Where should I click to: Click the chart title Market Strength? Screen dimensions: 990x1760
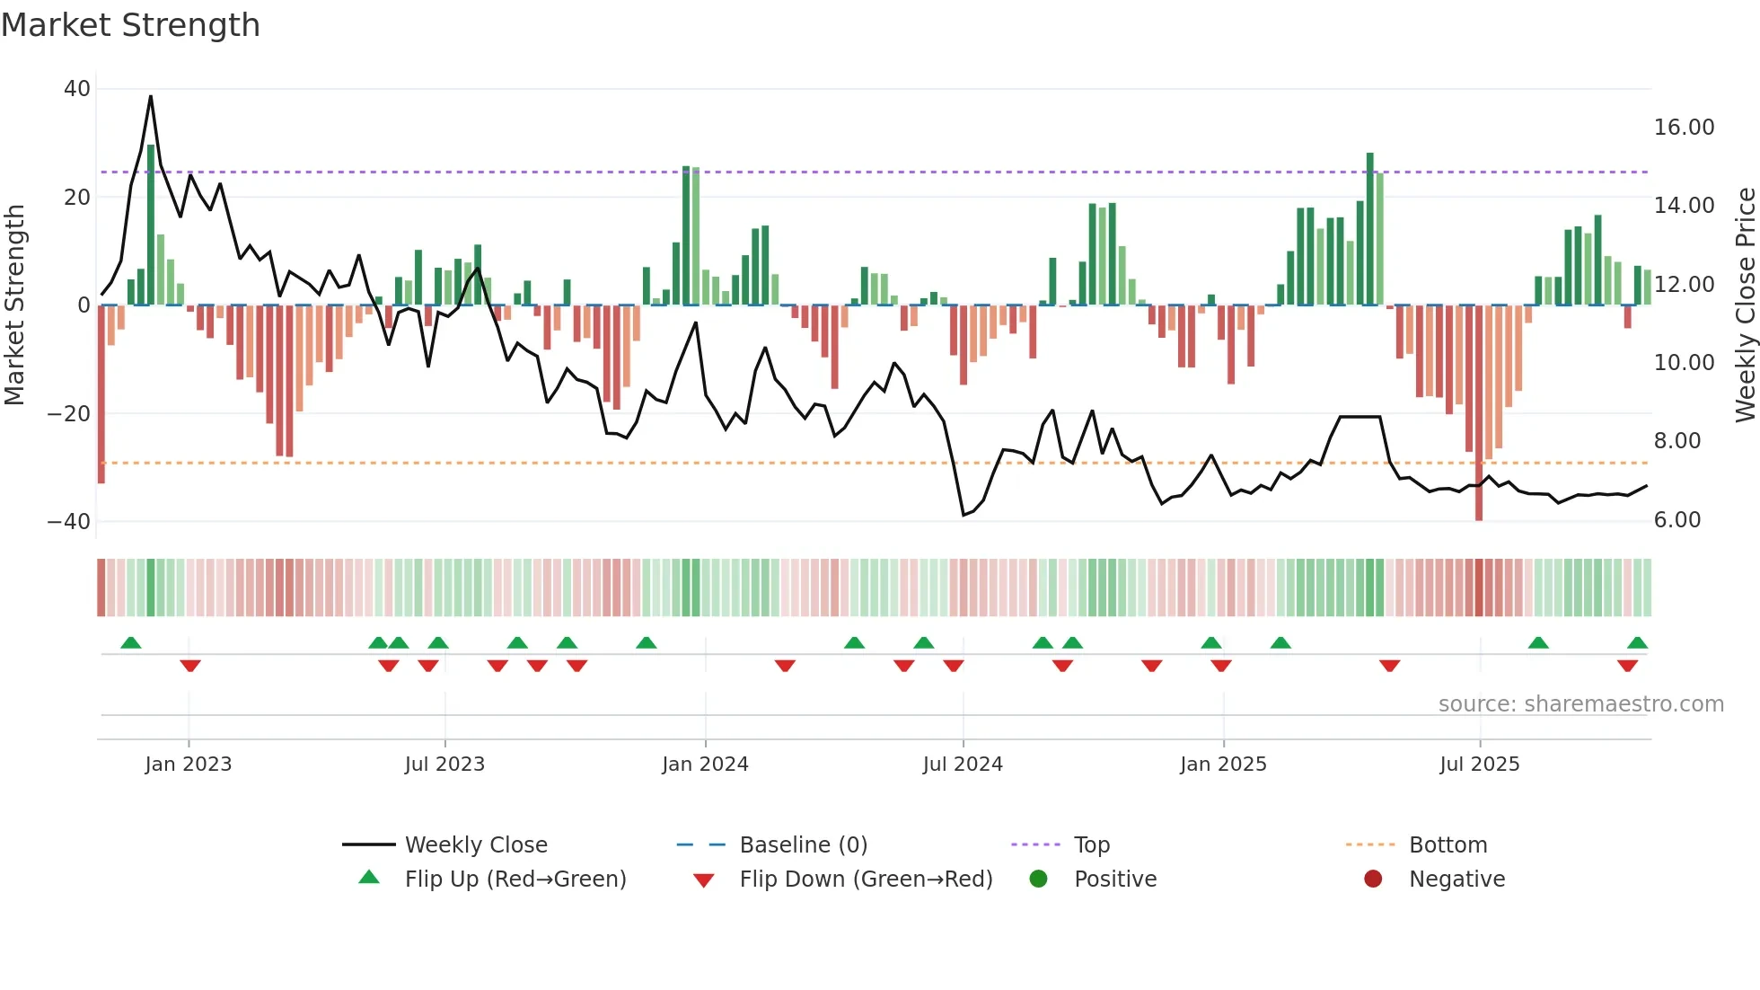(x=131, y=25)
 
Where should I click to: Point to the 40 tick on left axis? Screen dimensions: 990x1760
(x=77, y=89)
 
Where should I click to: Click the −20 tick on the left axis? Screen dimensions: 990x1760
(x=69, y=414)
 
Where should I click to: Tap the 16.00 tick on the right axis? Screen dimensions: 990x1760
(x=1684, y=128)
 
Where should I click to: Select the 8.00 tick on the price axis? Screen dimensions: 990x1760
(x=1676, y=441)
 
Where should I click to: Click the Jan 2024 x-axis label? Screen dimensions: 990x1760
(x=705, y=765)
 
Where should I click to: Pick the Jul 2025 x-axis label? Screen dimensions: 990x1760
(x=1479, y=765)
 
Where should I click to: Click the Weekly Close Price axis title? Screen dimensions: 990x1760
(x=1745, y=305)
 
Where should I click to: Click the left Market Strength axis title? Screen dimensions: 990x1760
(x=15, y=305)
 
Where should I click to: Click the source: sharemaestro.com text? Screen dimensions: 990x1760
(x=1580, y=704)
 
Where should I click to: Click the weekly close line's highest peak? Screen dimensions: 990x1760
(x=151, y=96)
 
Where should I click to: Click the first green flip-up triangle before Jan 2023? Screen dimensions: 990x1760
(x=131, y=642)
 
